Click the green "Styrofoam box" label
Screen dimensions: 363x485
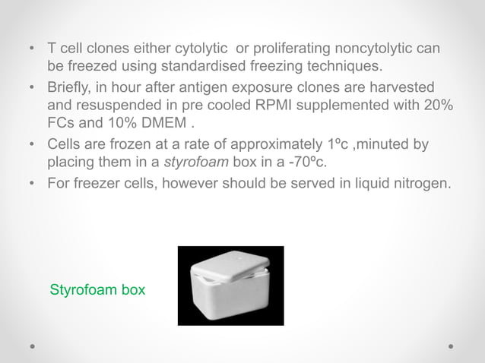[98, 290]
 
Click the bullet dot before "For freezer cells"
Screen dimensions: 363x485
[30, 181]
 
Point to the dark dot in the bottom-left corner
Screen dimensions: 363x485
[32, 346]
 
